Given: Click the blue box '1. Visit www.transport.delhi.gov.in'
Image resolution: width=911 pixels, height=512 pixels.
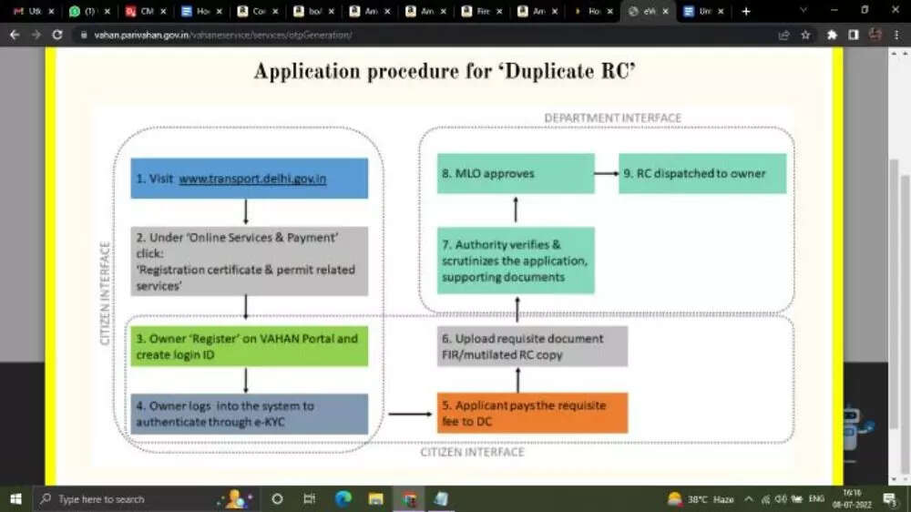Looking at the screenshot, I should coord(249,179).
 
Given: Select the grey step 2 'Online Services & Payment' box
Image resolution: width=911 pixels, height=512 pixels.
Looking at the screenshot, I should coord(249,261).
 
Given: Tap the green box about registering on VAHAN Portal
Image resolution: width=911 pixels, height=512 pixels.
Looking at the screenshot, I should coord(249,346).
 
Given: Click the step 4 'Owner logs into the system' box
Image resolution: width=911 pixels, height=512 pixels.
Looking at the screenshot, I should coord(249,414).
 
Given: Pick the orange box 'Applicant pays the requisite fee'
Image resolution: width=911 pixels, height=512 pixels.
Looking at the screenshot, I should coord(532,413).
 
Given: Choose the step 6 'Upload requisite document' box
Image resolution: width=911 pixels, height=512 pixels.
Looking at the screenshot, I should coord(532,346).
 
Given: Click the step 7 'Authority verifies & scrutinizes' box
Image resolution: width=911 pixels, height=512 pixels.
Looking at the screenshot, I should coord(516,261).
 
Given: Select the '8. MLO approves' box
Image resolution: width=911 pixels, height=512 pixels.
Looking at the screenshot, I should coord(516,173).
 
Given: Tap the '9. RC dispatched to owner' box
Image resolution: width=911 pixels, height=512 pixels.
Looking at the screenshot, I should coord(702,173).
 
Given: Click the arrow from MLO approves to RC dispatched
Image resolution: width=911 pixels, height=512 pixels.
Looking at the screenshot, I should coord(607,173).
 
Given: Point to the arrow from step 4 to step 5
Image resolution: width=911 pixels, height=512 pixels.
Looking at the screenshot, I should coord(409,415).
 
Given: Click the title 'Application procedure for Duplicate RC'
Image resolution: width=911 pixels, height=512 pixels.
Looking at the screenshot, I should coord(445,72).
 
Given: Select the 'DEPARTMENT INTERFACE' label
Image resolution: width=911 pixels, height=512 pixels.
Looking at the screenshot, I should coord(612,118).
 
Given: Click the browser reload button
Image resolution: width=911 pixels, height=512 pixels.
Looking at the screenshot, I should coord(57,35).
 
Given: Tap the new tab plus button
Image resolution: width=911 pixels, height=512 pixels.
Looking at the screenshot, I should coord(746,11).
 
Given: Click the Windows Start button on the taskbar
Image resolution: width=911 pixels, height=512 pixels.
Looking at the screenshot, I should coord(15,498).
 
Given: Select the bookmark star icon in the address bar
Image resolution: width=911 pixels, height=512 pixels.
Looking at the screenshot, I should coord(805,35).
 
